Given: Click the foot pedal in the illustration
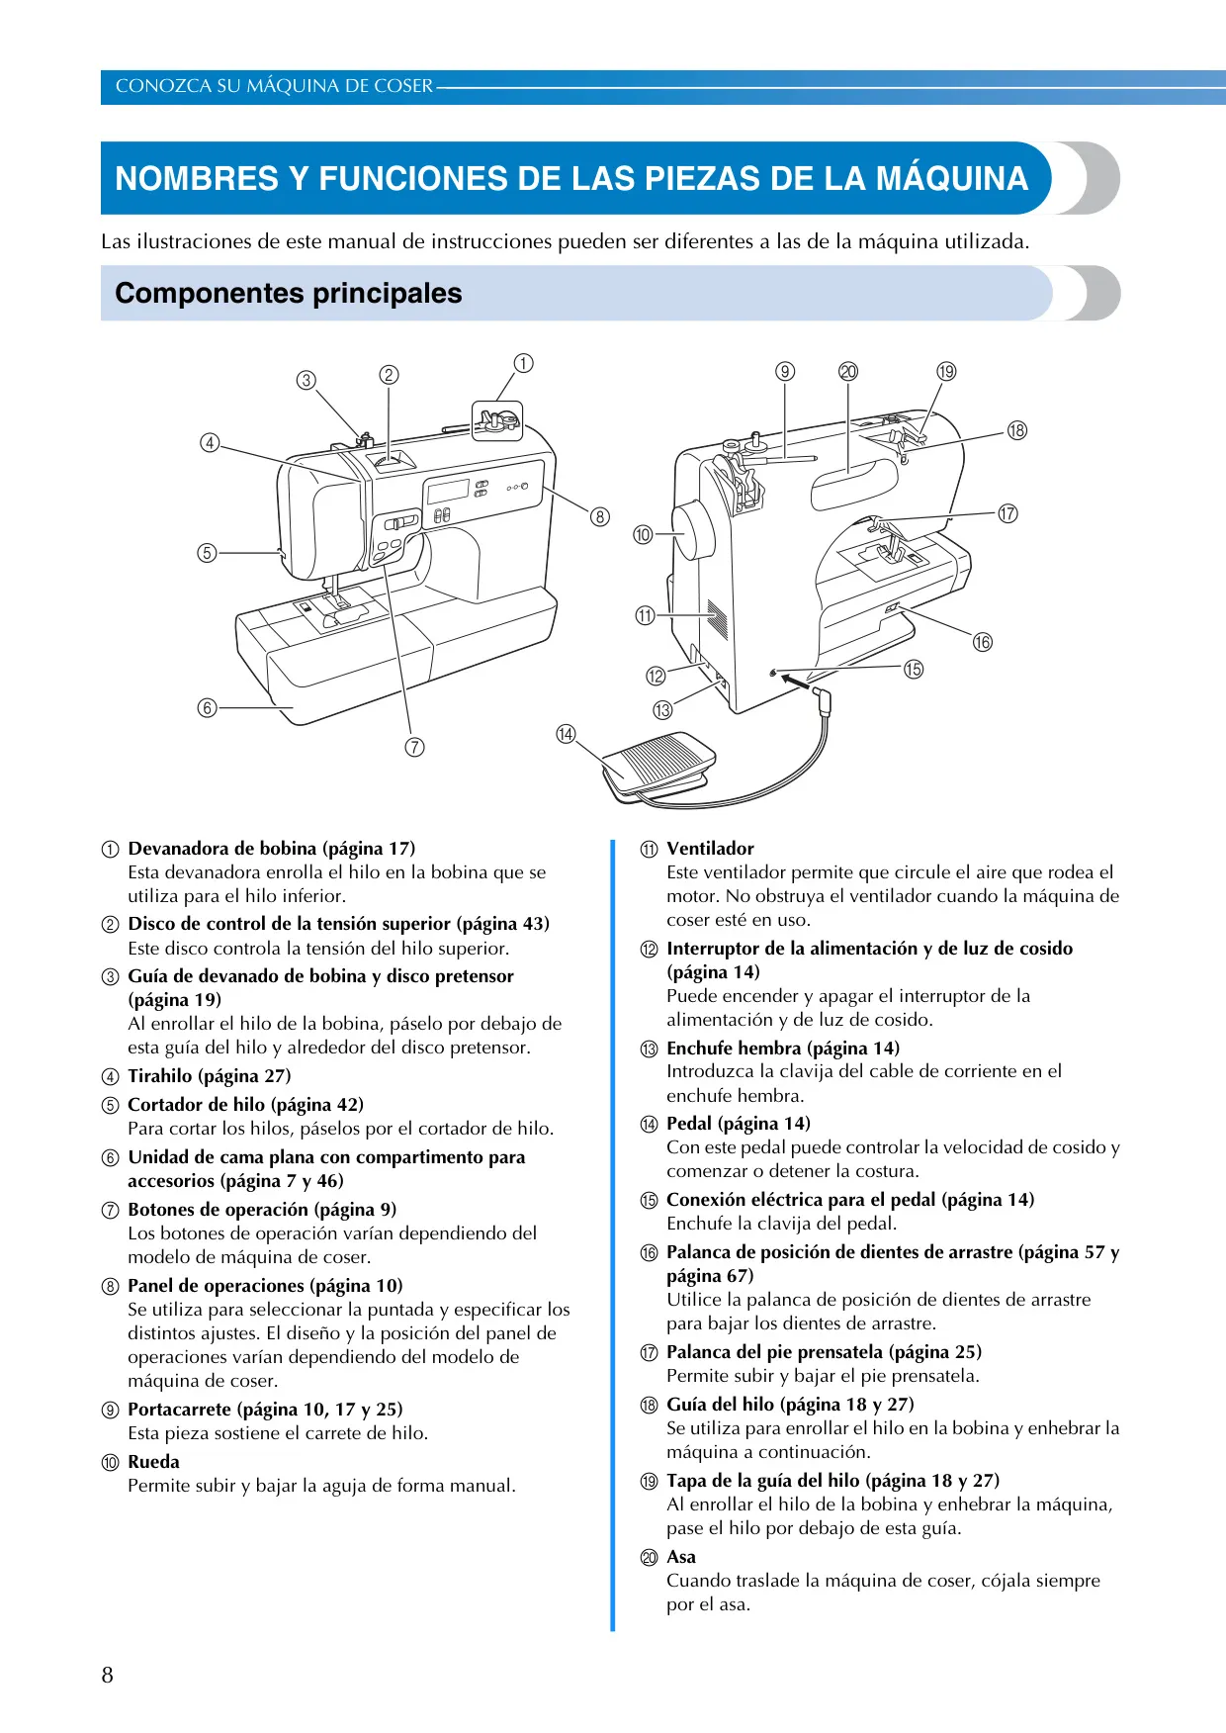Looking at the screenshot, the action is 658,765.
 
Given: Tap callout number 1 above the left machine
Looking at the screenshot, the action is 523,363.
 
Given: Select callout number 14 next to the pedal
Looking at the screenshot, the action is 566,734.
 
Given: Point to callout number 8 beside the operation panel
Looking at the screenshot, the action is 599,516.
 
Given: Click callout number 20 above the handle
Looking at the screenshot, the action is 848,371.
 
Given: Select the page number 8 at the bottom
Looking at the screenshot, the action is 108,1675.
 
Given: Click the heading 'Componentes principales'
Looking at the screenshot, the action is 289,293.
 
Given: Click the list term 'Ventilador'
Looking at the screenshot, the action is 710,849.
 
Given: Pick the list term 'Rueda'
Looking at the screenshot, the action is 154,1462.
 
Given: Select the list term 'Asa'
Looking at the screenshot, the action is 681,1557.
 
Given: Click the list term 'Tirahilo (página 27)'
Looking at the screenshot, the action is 210,1076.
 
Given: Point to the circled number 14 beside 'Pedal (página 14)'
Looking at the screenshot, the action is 649,1125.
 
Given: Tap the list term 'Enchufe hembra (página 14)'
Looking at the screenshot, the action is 783,1049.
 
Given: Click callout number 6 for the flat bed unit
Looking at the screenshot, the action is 207,707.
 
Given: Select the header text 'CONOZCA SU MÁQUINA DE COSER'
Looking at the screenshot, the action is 274,86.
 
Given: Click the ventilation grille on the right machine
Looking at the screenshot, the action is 719,619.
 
